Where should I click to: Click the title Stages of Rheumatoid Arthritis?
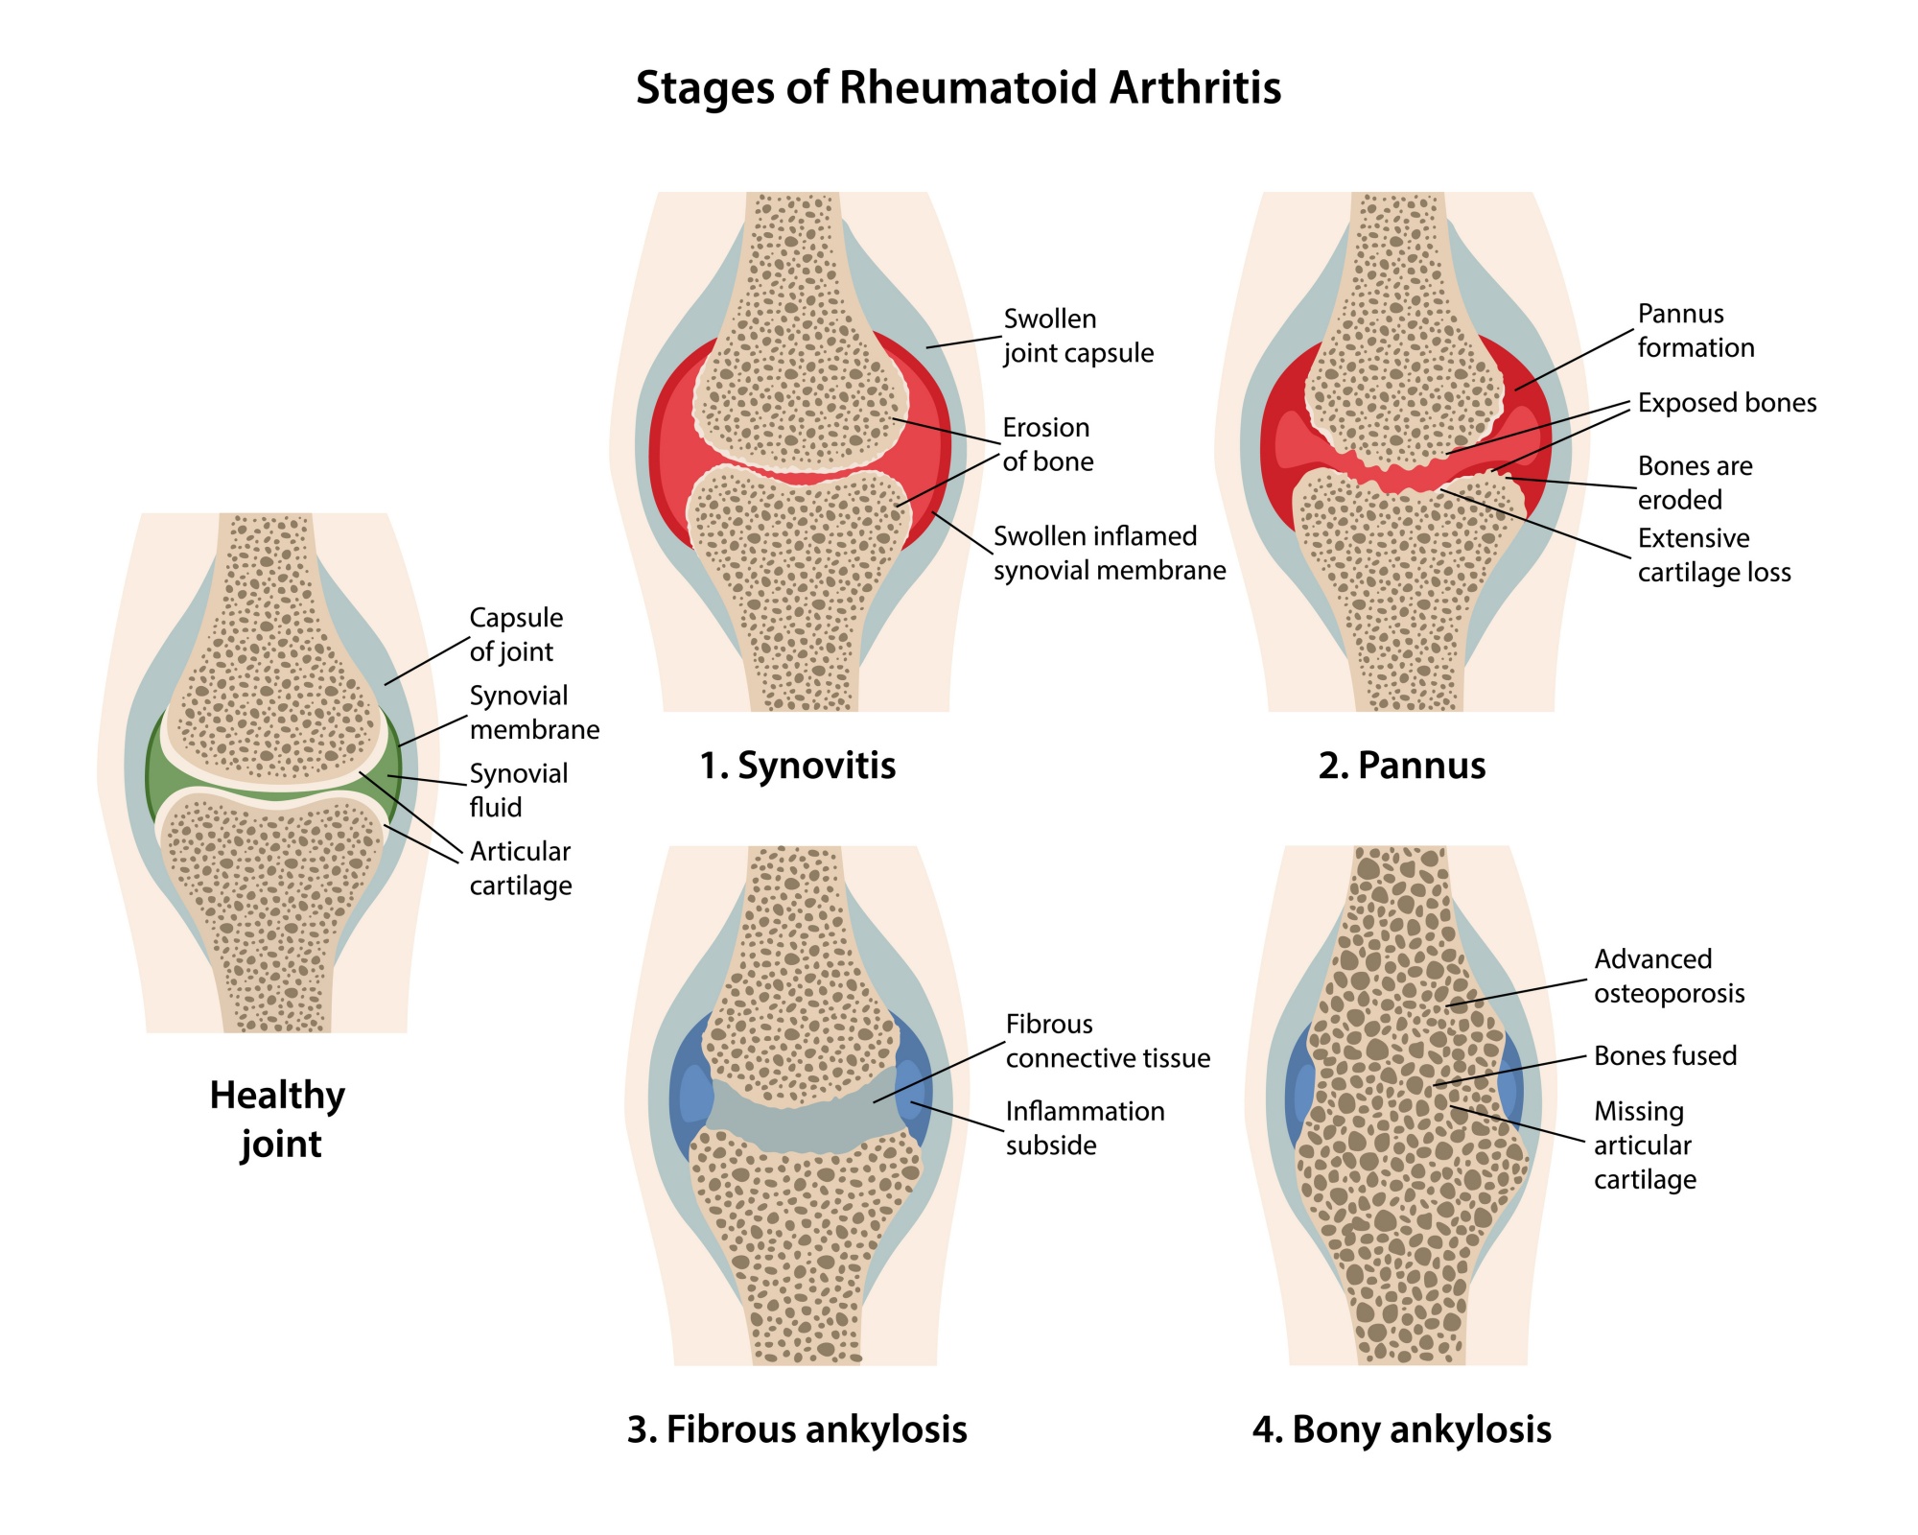pos(958,87)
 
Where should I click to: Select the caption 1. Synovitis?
pos(798,766)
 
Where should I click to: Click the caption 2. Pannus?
pos(1402,766)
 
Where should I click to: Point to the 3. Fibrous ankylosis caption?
pos(797,1429)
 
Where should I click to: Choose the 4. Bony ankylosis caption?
pos(1402,1429)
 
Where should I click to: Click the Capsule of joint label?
pos(516,634)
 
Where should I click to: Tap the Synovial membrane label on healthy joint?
pos(534,713)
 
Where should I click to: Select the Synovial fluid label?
pos(518,791)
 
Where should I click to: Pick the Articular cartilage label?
pos(521,868)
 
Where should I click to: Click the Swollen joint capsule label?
pos(1079,336)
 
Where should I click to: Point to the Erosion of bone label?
pos(1047,444)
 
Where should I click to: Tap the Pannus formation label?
pos(1696,331)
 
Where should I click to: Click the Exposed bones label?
pos(1727,403)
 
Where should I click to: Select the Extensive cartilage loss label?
pos(1714,555)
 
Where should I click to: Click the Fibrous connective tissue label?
pos(1108,1041)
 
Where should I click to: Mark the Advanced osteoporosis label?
pos(1669,976)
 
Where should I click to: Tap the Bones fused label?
pos(1665,1056)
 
